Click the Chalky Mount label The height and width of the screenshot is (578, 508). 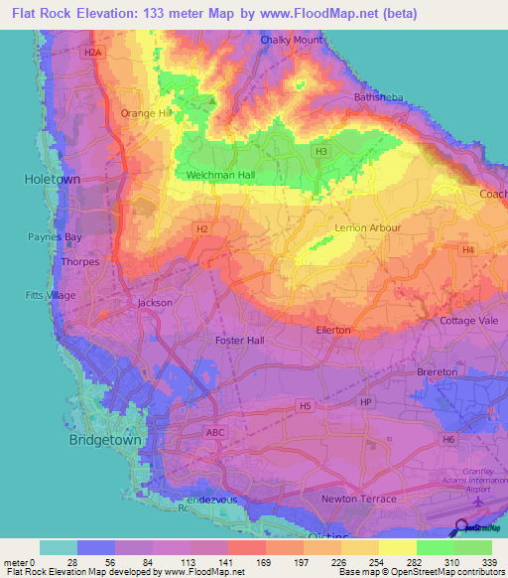point(293,40)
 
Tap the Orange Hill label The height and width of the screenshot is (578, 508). point(146,113)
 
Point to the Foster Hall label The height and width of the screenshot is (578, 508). point(240,340)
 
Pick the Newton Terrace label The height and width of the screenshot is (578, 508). point(358,499)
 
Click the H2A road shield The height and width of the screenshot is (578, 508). point(93,52)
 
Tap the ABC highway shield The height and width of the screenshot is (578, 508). point(215,433)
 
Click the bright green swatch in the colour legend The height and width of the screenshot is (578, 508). point(435,547)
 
